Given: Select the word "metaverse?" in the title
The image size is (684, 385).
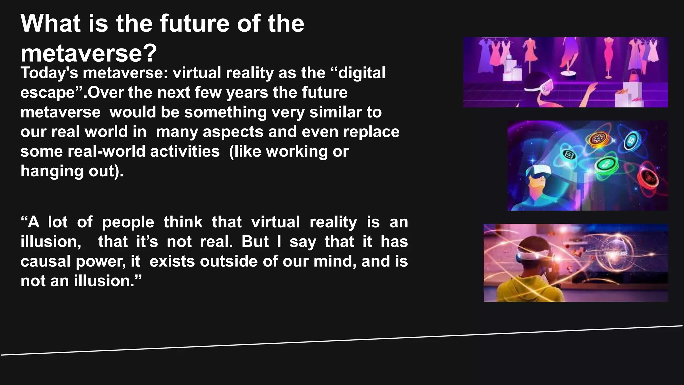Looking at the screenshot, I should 89,53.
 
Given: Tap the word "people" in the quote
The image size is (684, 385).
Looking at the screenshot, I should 128,222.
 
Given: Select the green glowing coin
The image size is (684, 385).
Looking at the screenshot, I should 606,164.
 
